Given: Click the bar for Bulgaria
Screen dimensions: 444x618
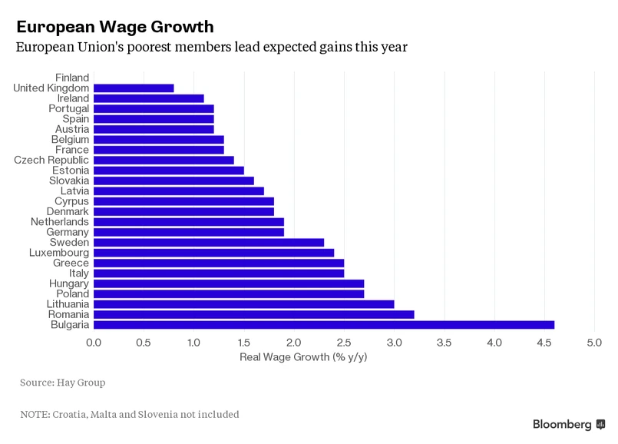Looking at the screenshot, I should click(x=323, y=325).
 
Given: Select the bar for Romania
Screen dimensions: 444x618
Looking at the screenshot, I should click(x=253, y=314).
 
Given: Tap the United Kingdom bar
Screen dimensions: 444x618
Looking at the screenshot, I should click(x=134, y=88).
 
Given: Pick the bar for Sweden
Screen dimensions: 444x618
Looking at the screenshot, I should click(x=209, y=242).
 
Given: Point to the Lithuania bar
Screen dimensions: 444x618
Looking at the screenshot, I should click(x=243, y=304).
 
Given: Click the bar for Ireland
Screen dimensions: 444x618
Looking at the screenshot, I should click(x=148, y=98).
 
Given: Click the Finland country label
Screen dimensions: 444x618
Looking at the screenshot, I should click(x=72, y=78).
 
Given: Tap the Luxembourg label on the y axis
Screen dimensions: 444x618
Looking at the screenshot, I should click(x=59, y=253).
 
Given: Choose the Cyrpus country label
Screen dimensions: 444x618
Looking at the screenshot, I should click(x=71, y=201).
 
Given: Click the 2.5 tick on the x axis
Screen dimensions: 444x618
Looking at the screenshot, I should click(x=344, y=342).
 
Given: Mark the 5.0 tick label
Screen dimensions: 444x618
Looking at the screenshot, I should click(x=594, y=342).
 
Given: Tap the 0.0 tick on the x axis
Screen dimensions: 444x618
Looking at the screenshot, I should click(x=94, y=342).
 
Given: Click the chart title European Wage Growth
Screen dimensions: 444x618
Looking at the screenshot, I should click(x=115, y=27).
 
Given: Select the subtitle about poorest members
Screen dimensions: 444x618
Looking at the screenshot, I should click(x=212, y=47).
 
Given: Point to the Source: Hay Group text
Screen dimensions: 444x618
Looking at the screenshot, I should click(x=63, y=382).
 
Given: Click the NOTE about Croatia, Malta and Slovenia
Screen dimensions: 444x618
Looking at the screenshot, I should click(x=130, y=414).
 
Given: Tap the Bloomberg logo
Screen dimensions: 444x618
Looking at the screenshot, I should click(x=568, y=424).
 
